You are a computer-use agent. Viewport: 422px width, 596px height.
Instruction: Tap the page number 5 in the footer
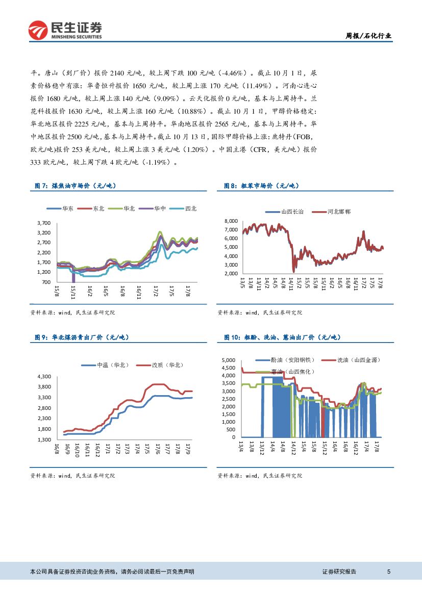[x=389, y=572]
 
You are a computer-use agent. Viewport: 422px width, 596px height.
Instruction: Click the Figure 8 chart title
[x=260, y=187]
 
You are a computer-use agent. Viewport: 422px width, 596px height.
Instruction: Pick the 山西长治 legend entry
[x=288, y=211]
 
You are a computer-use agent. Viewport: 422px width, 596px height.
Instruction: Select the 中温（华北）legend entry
[x=107, y=365]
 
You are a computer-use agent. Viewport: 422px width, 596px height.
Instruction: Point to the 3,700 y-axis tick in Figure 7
[x=44, y=223]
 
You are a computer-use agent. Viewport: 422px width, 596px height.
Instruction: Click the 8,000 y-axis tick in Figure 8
[x=231, y=221]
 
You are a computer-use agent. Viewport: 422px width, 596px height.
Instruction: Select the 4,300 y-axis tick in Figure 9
[x=44, y=376]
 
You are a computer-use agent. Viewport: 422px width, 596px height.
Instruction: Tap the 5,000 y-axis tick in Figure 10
[x=228, y=360]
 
